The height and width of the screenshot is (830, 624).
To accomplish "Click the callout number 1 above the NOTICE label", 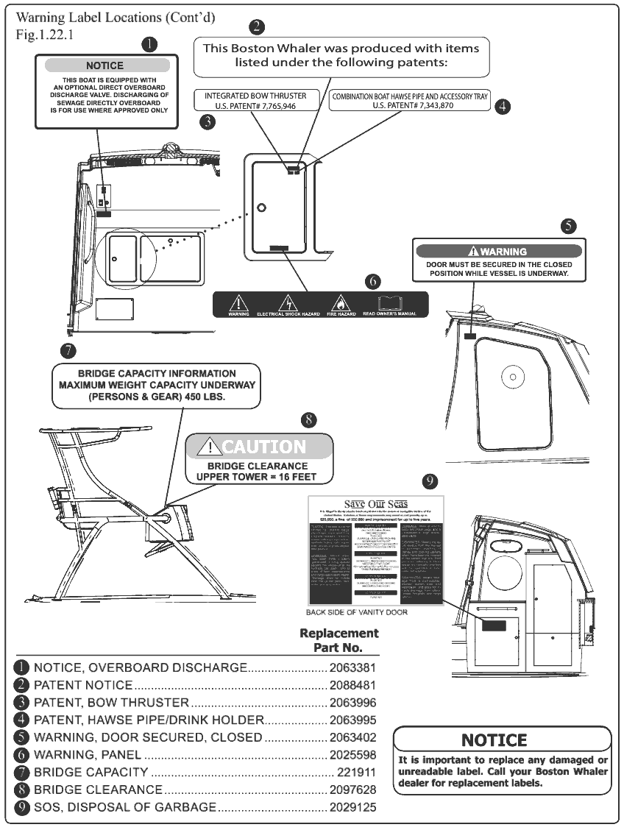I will point(149,45).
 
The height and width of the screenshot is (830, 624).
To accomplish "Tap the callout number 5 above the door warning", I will point(568,226).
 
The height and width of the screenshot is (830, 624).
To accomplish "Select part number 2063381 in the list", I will point(352,667).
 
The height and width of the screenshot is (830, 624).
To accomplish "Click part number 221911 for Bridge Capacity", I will point(357,773).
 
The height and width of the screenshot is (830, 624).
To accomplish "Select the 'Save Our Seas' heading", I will point(375,503).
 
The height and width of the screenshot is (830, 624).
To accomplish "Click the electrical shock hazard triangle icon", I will point(287,302).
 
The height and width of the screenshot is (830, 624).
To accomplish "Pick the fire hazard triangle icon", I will point(339,302).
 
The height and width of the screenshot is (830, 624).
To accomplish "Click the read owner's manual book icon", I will point(390,302).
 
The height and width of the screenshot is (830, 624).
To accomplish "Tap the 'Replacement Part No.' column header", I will point(339,640).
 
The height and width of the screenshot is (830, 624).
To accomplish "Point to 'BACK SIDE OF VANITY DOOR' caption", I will point(356,612).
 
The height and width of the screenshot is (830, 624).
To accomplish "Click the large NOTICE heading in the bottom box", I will point(494,740).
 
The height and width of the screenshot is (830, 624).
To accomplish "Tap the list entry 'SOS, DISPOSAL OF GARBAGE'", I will point(125,807).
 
